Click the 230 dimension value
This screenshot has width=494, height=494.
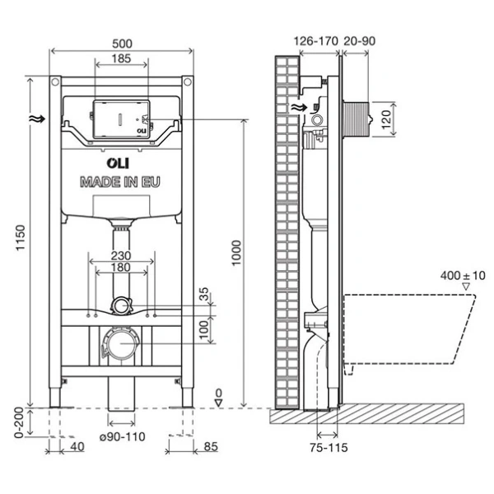[121, 255]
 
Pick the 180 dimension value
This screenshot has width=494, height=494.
[121, 268]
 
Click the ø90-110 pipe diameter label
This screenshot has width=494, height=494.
[122, 436]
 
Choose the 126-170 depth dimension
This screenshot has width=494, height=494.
[314, 40]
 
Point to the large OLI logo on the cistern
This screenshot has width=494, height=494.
[120, 162]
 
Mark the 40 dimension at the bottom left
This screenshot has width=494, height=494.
[76, 448]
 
